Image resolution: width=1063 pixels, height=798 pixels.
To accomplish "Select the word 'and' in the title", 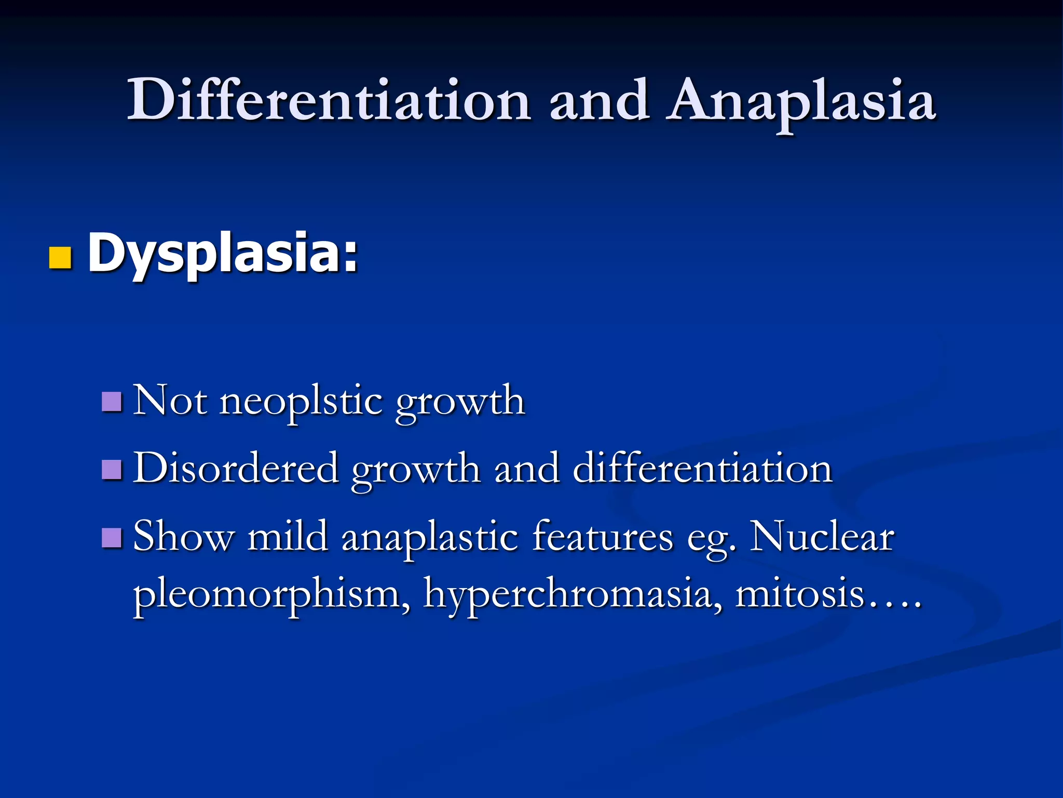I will [599, 100].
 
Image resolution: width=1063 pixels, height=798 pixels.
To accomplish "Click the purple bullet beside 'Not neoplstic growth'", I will [112, 402].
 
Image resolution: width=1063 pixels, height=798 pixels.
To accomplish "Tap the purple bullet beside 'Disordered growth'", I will [112, 470].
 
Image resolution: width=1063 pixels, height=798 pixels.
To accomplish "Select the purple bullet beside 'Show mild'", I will [112, 538].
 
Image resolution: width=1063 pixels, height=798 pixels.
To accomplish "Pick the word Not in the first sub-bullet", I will [170, 401].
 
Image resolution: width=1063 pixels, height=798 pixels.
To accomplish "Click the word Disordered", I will [236, 469].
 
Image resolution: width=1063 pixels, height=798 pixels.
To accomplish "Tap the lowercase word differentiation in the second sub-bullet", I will [703, 469].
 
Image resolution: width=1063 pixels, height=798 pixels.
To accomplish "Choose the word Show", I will [184, 537].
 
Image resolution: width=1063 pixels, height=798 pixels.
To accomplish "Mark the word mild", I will [288, 537].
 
